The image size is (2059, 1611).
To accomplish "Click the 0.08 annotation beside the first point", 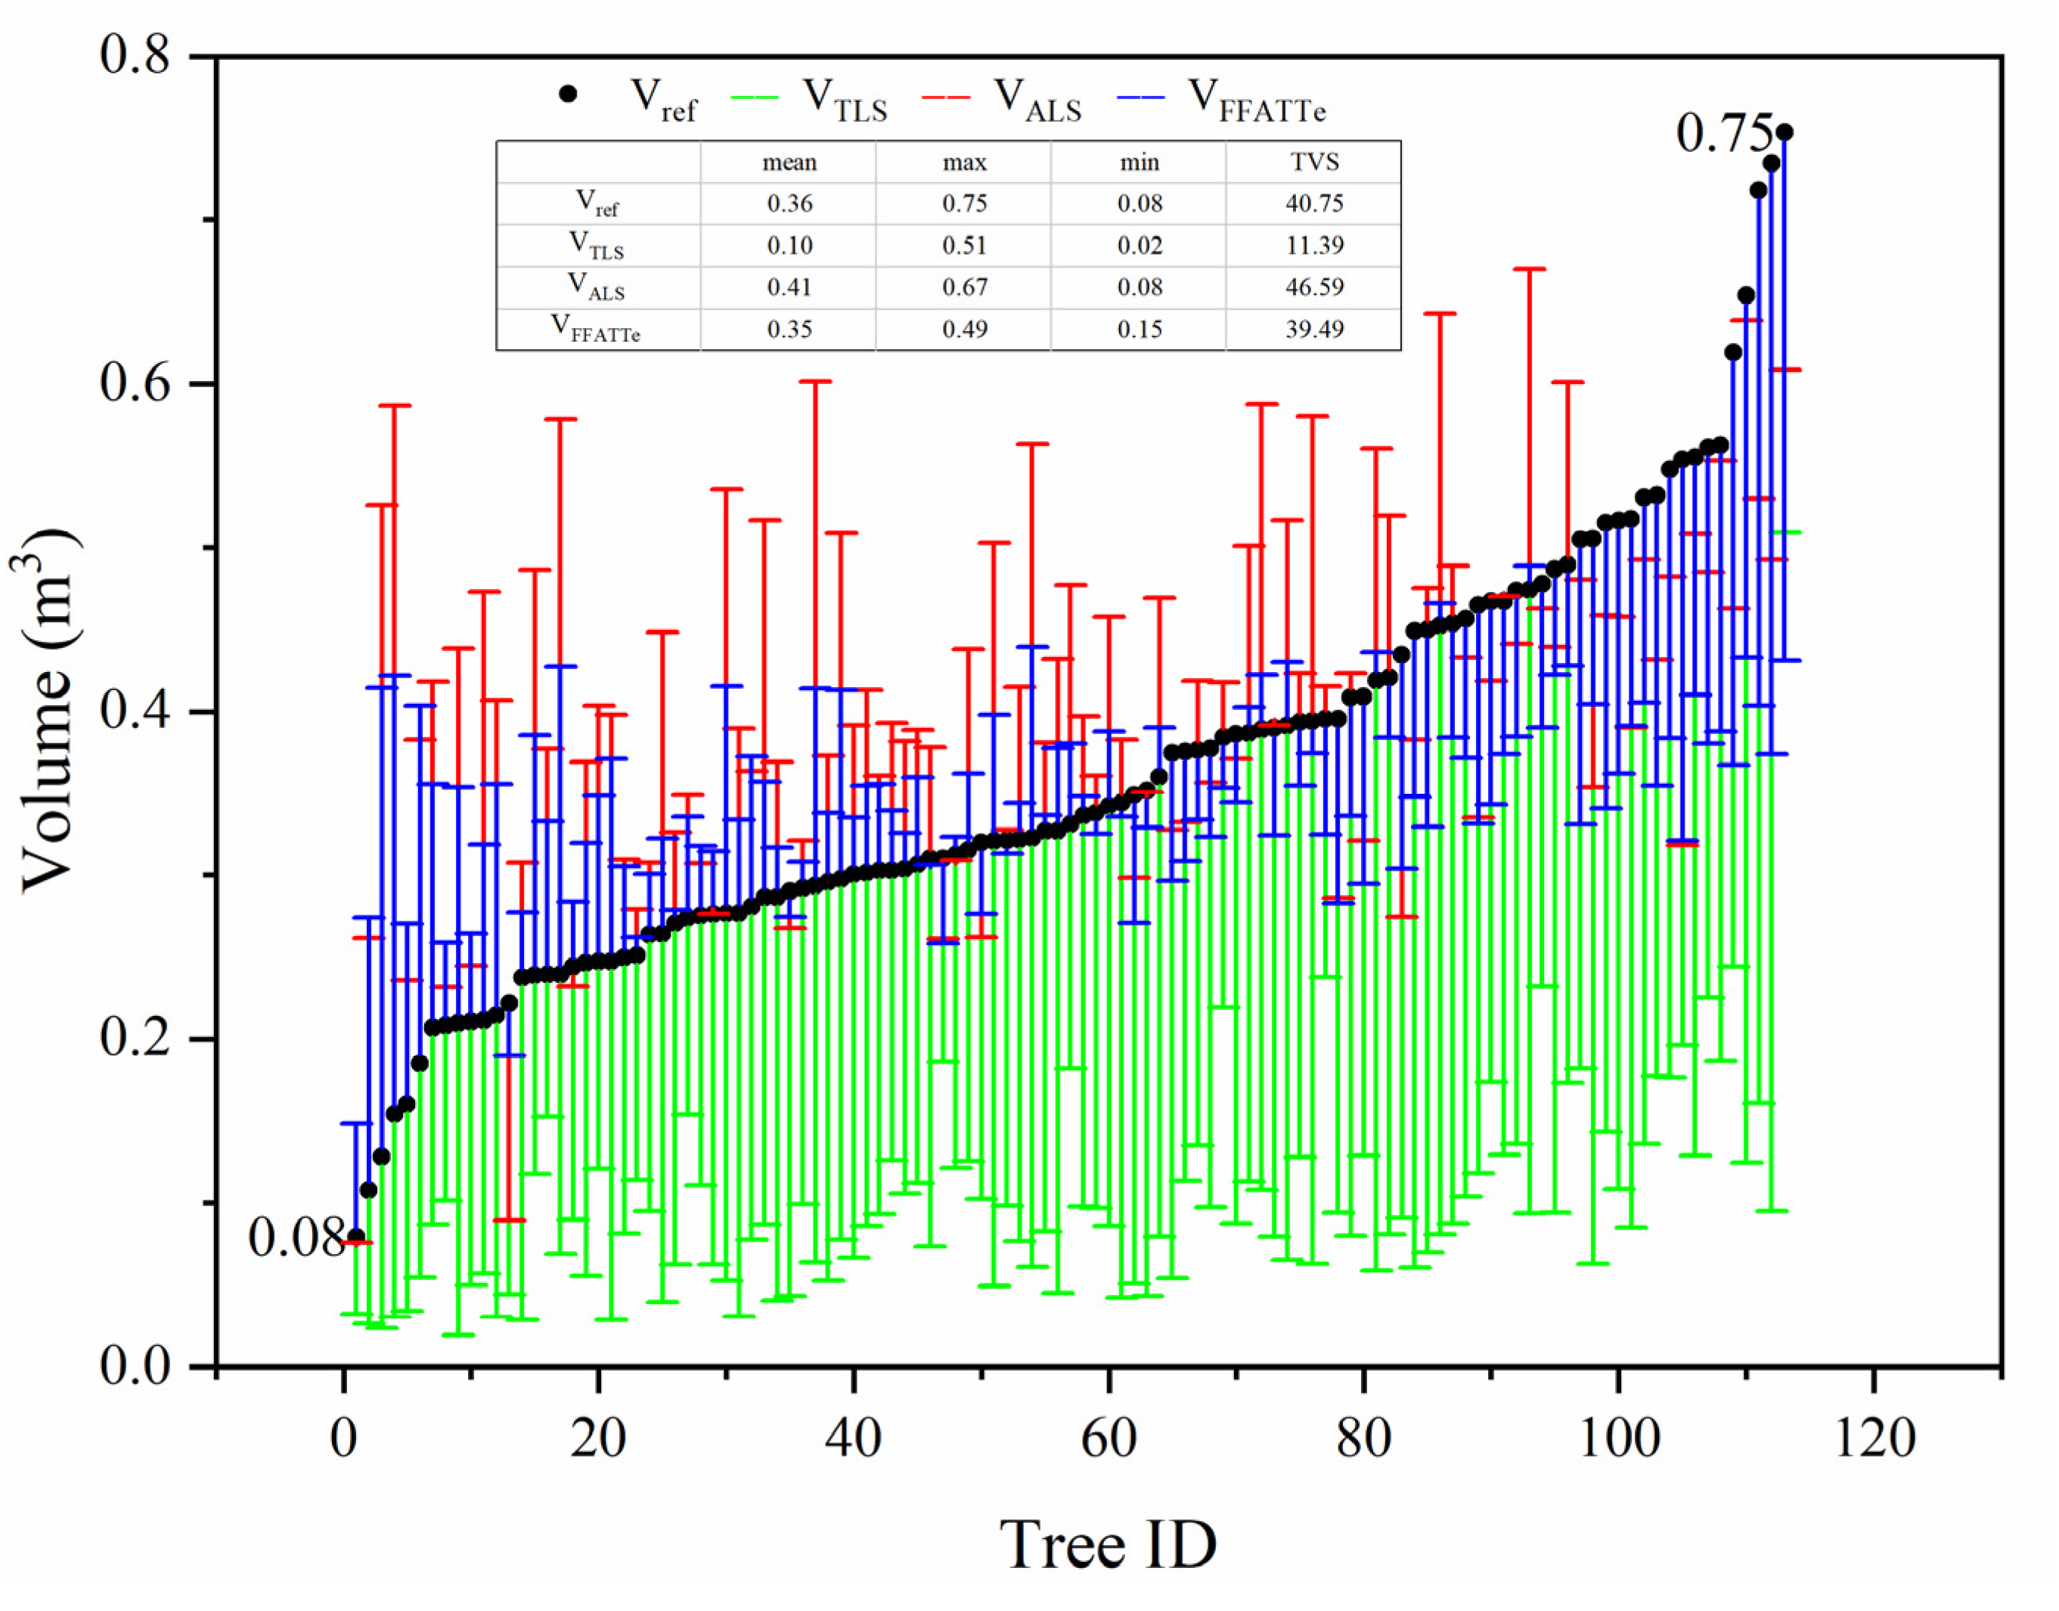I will pyautogui.click(x=295, y=1237).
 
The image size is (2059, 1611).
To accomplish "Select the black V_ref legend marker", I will pyautogui.click(x=568, y=94).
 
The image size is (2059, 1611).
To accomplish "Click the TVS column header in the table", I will pyautogui.click(x=1314, y=163).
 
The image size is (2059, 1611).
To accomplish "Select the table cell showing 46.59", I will pyautogui.click(x=1314, y=287).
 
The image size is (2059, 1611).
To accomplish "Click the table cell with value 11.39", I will pyautogui.click(x=1314, y=245).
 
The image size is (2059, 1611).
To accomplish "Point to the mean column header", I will pyautogui.click(x=789, y=163).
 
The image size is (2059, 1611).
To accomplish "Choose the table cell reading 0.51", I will pyautogui.click(x=964, y=245).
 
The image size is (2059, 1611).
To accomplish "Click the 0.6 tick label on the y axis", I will pyautogui.click(x=135, y=383).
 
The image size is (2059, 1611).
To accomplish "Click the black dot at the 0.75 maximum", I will pyautogui.click(x=1785, y=132).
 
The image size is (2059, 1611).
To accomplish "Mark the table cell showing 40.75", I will pyautogui.click(x=1314, y=203).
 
